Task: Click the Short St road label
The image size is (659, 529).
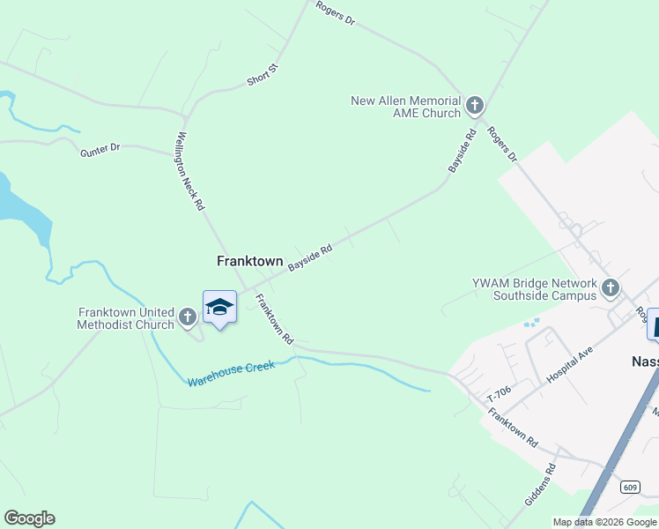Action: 263,74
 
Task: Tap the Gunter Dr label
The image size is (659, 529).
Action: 100,150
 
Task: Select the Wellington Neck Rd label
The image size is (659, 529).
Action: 189,171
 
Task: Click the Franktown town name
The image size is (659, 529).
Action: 250,261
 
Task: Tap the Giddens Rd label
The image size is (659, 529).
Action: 540,486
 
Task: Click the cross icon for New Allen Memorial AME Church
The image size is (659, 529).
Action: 474,107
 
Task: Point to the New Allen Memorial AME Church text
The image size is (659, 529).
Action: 405,107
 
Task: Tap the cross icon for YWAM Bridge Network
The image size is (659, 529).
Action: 610,287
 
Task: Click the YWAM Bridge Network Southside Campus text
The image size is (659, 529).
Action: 534,289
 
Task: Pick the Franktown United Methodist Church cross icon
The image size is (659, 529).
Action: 187,317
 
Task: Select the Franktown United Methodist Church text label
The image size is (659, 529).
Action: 126,318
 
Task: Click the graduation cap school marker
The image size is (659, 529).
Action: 219,307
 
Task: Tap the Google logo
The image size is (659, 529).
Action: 29,518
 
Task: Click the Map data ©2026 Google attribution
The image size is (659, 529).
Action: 604,522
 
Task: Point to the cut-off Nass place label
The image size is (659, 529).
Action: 645,361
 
